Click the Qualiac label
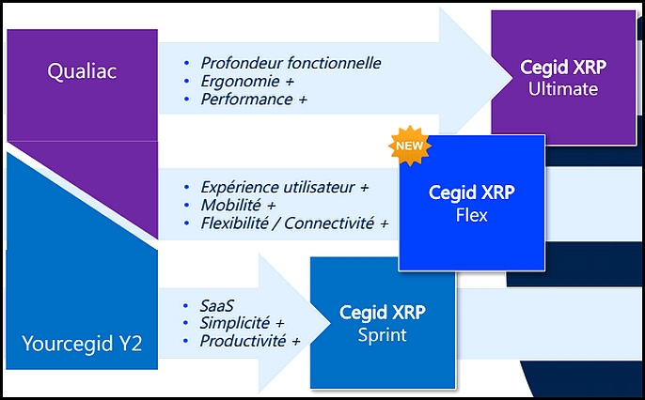point(82,71)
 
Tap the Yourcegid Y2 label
point(82,344)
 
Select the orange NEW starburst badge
point(409,146)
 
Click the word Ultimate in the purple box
point(563,89)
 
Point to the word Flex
point(471,215)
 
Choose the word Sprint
point(382,335)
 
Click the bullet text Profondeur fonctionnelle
point(291,63)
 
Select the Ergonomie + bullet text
point(247,82)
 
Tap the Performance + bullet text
point(254,100)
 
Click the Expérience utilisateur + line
point(284,187)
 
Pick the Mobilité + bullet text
point(238,205)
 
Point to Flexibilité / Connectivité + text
point(294,223)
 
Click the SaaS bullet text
point(217,306)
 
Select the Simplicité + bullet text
point(242,323)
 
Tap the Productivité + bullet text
point(250,341)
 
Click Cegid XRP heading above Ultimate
point(563,68)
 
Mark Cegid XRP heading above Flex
point(471,193)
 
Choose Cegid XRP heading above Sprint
point(382,313)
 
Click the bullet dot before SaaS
point(186,306)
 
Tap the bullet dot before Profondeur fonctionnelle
point(187,63)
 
